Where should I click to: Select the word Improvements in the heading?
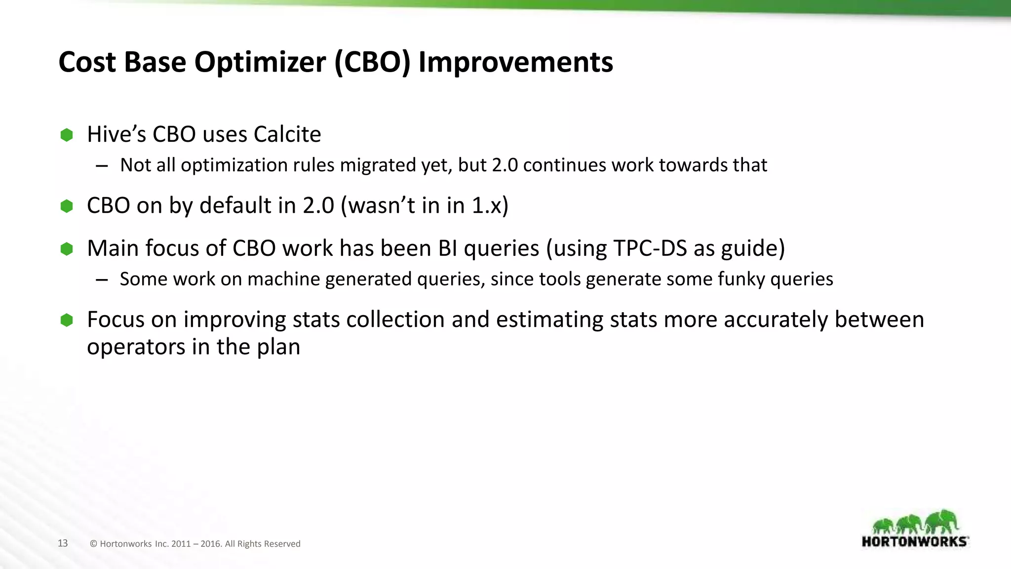pos(515,63)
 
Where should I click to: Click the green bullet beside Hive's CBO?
pos(67,135)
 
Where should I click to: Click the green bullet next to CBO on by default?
pos(67,206)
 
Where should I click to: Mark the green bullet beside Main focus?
pos(67,249)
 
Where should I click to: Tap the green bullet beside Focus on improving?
pos(67,320)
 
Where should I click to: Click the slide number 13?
pos(63,543)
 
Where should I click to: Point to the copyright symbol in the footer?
pos(93,544)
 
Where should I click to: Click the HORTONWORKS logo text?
pos(914,541)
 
